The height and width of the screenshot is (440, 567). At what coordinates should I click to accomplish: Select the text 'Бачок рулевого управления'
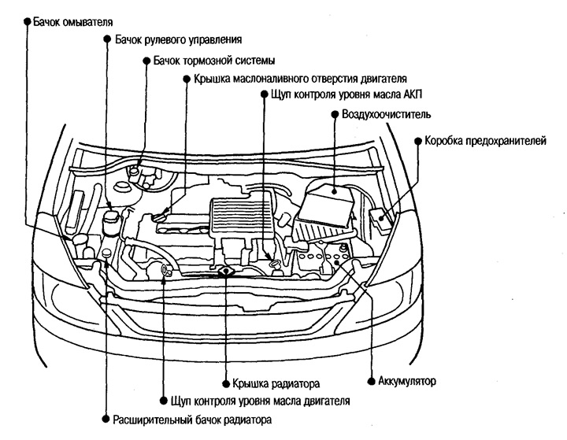click(178, 39)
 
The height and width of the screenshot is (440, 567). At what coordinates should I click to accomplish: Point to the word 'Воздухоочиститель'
click(386, 115)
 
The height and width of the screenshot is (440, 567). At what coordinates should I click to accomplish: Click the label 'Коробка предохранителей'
click(484, 142)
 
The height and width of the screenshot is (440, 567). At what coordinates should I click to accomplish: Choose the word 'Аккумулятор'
click(407, 381)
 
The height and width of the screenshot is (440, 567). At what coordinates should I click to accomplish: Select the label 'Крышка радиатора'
click(275, 385)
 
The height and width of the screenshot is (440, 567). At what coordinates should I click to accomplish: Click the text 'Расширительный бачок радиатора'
click(192, 420)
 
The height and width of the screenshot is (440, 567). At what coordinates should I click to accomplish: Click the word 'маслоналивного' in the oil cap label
click(276, 79)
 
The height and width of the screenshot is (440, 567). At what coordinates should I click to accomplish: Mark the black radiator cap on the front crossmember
click(227, 271)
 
